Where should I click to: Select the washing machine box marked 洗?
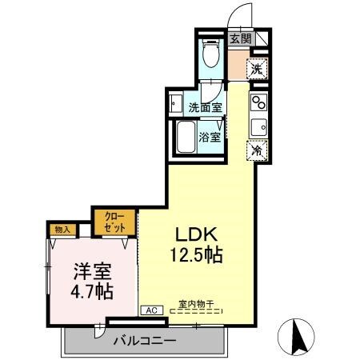click(256, 70)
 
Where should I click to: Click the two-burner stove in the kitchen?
click(258, 102)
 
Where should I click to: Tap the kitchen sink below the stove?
click(258, 125)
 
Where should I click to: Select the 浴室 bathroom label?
click(210, 137)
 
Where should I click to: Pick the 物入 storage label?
click(62, 230)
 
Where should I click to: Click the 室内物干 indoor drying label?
click(196, 305)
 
